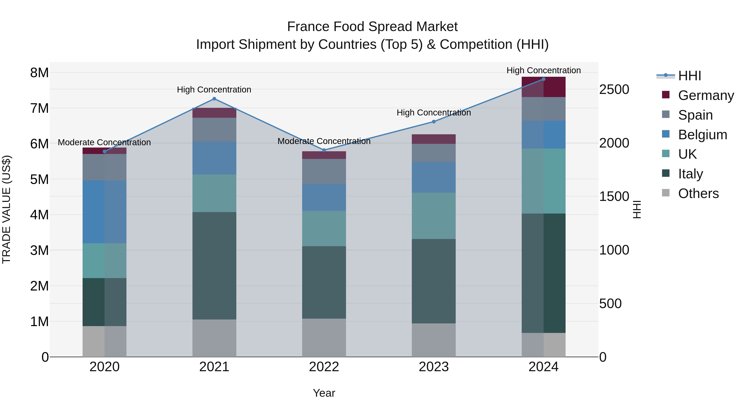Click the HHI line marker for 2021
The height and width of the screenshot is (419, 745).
[x=214, y=99]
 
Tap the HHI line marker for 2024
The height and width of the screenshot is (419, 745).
[x=543, y=79]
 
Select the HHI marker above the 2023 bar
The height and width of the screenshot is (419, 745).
[x=434, y=122]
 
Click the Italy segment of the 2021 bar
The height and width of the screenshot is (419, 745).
[x=214, y=265]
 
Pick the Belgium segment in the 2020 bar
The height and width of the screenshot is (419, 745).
[x=105, y=212]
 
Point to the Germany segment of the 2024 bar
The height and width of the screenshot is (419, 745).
[x=543, y=87]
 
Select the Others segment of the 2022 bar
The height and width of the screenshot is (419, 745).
[x=324, y=337]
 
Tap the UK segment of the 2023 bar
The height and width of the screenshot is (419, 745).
[x=434, y=216]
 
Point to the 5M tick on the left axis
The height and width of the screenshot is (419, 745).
[x=39, y=179]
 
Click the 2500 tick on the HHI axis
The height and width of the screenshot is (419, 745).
[x=614, y=89]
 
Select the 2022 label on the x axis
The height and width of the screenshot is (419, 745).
[x=324, y=367]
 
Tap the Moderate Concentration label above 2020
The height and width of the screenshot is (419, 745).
[x=105, y=142]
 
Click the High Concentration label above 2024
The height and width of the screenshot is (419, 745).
[x=543, y=70]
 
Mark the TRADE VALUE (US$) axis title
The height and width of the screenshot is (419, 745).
[x=6, y=209]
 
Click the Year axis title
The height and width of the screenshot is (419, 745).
[x=324, y=393]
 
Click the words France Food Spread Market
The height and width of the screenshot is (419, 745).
[x=372, y=27]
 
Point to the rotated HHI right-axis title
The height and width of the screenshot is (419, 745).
[x=637, y=209]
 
